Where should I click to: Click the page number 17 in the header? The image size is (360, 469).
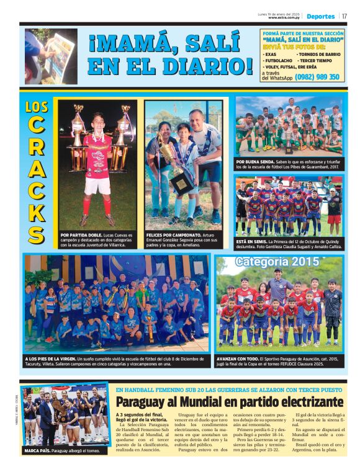344,16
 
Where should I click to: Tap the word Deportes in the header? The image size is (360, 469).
320,16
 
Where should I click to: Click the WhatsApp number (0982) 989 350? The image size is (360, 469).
317,77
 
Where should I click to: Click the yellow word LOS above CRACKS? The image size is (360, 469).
37,107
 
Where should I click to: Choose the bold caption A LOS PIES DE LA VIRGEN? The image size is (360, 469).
50,359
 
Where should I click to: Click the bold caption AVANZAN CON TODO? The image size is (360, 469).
238,359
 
